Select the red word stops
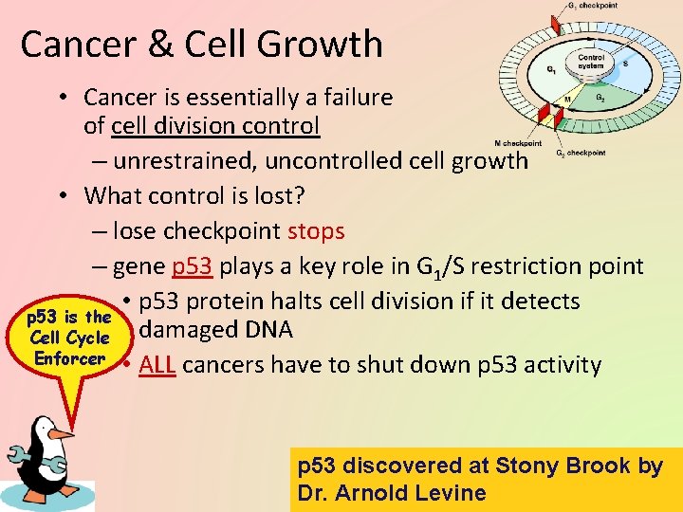pos(316,230)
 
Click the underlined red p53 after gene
pos(193,266)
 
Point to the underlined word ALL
pos(156,364)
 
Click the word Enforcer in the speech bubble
pos(69,358)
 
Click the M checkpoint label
pos(520,143)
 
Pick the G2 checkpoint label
pos(580,153)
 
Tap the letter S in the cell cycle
pos(624,64)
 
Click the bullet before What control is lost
pos(60,195)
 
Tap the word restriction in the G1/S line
pos(509,266)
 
